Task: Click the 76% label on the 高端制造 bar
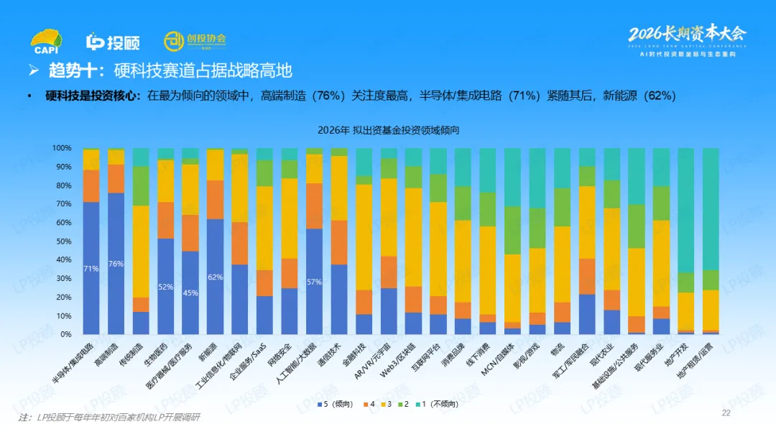tap(116, 264)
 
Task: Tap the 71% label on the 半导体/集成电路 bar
tap(91, 268)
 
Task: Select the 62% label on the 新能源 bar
tap(215, 277)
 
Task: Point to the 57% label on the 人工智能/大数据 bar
tap(314, 282)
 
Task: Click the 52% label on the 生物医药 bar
tap(165, 287)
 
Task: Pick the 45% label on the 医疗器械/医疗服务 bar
tap(190, 293)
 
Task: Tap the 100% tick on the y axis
tap(62, 148)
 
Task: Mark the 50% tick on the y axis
tap(63, 241)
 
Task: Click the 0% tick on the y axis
tap(65, 334)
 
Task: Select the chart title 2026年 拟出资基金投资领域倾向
tap(388, 131)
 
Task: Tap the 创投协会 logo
tap(194, 41)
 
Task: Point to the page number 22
tap(726, 413)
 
